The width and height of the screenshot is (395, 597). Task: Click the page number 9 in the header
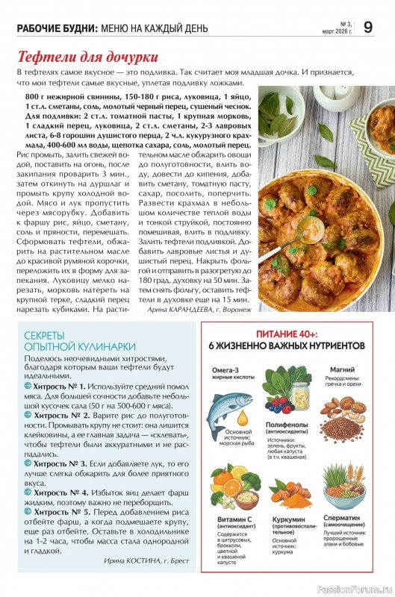368,27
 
